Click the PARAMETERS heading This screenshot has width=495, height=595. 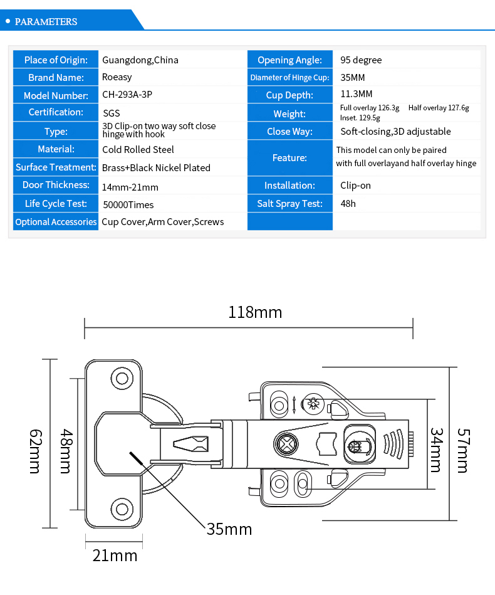pyautogui.click(x=46, y=21)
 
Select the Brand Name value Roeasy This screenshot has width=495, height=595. pyautogui.click(x=117, y=77)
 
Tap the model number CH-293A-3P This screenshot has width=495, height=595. pyautogui.click(x=127, y=95)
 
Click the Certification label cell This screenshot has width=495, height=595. pyautogui.click(x=56, y=112)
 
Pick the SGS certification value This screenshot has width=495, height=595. pyautogui.click(x=112, y=113)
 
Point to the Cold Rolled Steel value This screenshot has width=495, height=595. pyautogui.click(x=138, y=149)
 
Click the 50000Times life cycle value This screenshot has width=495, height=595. pyautogui.click(x=128, y=205)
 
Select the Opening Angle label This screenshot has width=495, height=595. pyautogui.click(x=289, y=60)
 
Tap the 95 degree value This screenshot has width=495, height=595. pyautogui.click(x=361, y=60)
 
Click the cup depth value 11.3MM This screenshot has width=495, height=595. pyautogui.click(x=356, y=93)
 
